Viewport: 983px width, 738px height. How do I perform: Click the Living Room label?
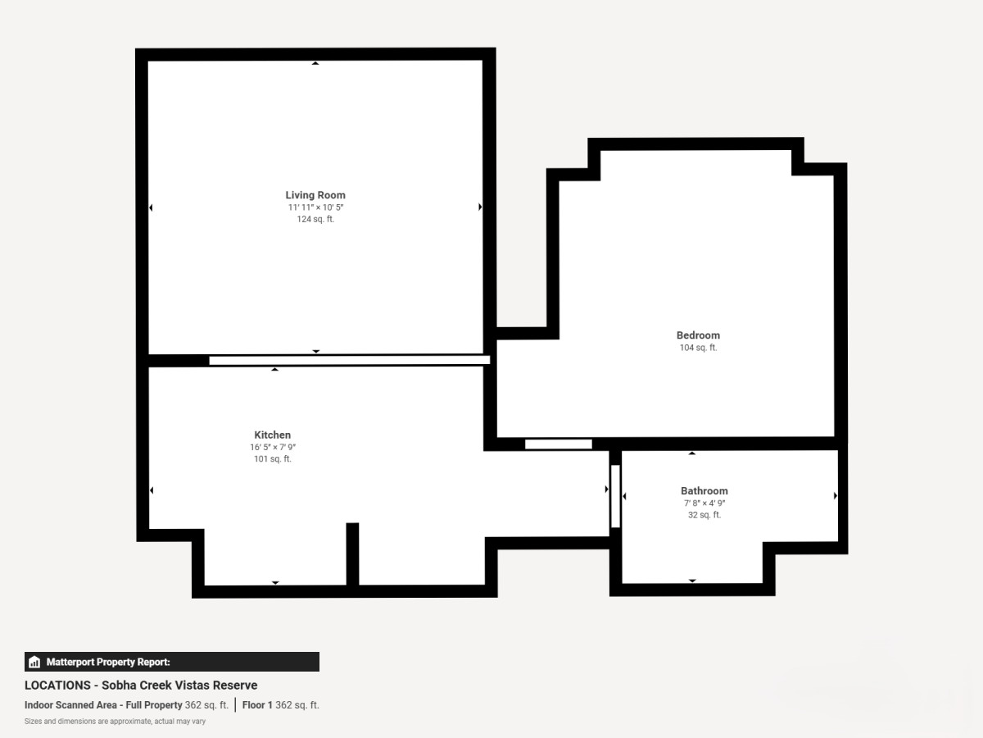[315, 195]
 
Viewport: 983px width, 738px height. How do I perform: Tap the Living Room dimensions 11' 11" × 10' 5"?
[315, 207]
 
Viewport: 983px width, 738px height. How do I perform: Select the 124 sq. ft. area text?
[315, 219]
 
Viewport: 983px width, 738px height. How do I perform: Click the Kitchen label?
[272, 435]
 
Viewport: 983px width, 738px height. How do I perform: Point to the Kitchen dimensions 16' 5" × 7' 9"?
[272, 447]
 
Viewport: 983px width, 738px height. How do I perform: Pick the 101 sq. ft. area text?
[272, 459]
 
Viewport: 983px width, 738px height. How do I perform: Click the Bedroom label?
[698, 335]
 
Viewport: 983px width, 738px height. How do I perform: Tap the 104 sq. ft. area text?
[698, 347]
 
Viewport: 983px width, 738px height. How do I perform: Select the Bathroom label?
[704, 490]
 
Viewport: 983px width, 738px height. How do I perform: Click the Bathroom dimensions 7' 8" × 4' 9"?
[704, 503]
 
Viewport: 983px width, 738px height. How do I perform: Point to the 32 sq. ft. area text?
[704, 515]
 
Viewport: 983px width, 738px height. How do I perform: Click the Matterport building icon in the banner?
[34, 662]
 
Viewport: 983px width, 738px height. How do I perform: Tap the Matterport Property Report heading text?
[108, 662]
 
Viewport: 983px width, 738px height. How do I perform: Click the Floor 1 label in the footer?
[257, 705]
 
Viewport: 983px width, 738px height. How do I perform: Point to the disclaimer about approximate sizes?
[115, 722]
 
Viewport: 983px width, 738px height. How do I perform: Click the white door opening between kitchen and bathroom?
[615, 496]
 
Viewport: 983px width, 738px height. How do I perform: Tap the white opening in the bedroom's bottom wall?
[559, 444]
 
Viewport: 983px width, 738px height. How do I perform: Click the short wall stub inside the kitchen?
[352, 553]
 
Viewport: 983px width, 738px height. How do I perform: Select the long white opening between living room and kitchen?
[349, 360]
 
